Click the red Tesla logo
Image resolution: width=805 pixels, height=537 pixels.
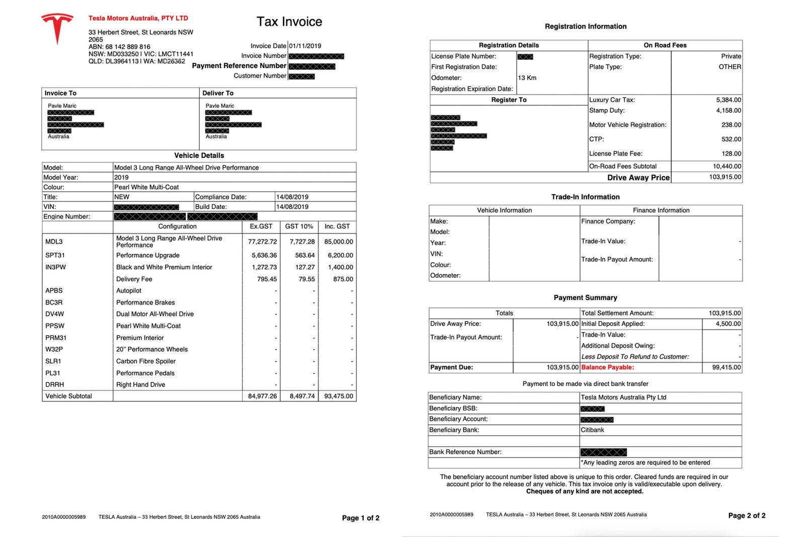click(57, 28)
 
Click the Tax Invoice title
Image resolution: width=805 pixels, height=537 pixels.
click(289, 22)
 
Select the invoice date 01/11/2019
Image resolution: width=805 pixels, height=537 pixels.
click(305, 46)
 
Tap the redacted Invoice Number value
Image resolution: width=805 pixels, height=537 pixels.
click(316, 56)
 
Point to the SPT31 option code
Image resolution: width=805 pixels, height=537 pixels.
click(55, 255)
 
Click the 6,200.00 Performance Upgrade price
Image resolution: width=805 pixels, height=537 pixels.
click(340, 255)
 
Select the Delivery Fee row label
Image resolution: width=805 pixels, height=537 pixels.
click(134, 279)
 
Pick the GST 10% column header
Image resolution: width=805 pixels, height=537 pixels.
click(299, 226)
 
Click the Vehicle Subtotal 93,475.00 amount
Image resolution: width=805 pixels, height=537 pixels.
click(339, 396)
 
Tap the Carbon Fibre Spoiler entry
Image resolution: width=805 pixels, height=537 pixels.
click(146, 361)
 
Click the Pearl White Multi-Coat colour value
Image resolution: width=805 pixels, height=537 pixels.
click(146, 187)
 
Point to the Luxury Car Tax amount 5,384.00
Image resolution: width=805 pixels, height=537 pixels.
click(728, 100)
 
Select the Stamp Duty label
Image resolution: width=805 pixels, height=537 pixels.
click(607, 110)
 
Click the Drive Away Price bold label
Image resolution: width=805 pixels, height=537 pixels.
click(638, 178)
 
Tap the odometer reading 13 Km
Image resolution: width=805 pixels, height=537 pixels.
click(527, 78)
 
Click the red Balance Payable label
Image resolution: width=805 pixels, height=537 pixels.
click(607, 367)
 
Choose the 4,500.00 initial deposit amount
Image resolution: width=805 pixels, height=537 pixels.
click(728, 324)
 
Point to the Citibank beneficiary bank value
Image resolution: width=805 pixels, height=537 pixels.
click(592, 430)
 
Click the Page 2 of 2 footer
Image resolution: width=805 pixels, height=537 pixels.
click(746, 515)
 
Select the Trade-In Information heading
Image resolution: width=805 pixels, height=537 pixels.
click(585, 197)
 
